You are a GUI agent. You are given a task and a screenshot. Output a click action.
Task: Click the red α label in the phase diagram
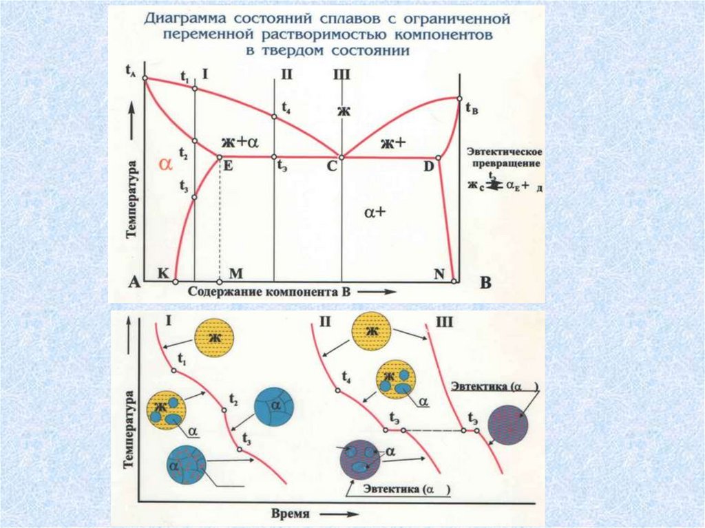[x=165, y=164]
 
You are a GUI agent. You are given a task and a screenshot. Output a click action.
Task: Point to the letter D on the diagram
[x=428, y=167]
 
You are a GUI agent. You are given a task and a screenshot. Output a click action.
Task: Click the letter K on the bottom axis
[x=162, y=273]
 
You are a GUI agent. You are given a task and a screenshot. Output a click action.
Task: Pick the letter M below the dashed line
[x=235, y=273]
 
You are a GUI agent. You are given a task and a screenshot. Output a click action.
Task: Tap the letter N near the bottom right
[x=439, y=273]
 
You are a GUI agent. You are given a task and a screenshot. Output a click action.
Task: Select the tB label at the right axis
[x=471, y=108]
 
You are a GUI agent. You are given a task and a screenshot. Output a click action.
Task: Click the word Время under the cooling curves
[x=289, y=514]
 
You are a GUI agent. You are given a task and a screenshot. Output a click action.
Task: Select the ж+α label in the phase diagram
[x=239, y=142]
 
